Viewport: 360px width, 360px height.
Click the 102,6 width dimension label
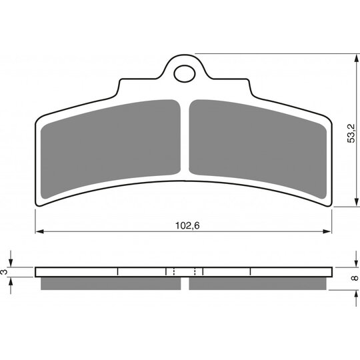pyautogui.click(x=187, y=226)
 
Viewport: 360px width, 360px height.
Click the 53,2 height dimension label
pyautogui.click(x=351, y=133)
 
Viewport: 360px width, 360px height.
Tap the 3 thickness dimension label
pyautogui.click(x=4, y=272)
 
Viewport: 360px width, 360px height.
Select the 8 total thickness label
pyautogui.click(x=355, y=278)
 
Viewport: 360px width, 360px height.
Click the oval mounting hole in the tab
pyautogui.click(x=185, y=74)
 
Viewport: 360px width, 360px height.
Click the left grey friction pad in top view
pyautogui.click(x=111, y=149)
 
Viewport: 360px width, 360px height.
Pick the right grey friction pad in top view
pyautogui.click(x=257, y=149)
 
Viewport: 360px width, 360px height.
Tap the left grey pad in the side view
pyautogui.click(x=111, y=283)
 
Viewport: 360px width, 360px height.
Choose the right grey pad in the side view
pyautogui.click(x=257, y=283)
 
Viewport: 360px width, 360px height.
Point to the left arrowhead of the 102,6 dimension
pyautogui.click(x=39, y=231)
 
